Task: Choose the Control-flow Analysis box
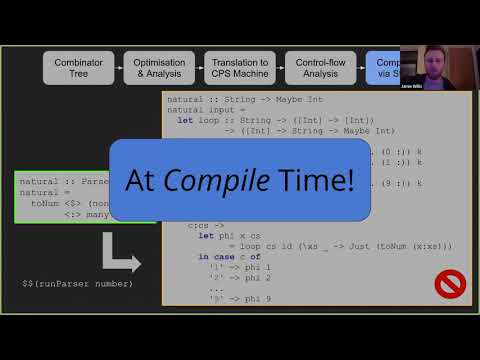click(320, 67)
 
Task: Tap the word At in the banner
click(141, 180)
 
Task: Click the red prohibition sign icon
click(447, 284)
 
